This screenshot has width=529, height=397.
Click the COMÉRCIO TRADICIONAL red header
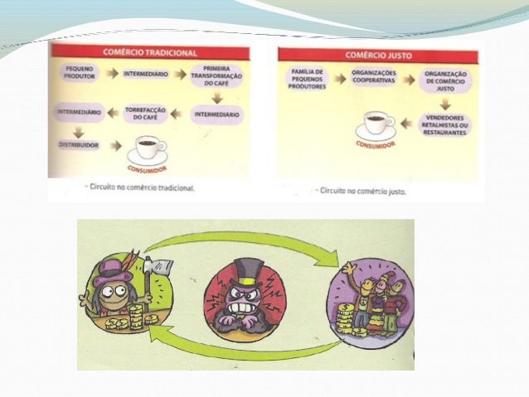[x=150, y=51]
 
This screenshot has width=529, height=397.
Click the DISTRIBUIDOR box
[x=80, y=144]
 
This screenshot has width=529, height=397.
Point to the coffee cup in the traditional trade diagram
[x=148, y=149]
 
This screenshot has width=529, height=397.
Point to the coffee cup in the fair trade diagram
[x=377, y=124]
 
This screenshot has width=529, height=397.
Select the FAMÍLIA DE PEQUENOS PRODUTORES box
[x=307, y=80]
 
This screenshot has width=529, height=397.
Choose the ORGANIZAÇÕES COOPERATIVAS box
[x=372, y=79]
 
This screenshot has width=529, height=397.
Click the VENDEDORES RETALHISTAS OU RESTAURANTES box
[x=444, y=125]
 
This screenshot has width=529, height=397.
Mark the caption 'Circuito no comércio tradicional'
[x=139, y=188]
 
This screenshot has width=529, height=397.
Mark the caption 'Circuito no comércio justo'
[x=367, y=190]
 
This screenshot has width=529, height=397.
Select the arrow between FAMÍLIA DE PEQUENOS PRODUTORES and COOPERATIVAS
[x=338, y=80]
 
